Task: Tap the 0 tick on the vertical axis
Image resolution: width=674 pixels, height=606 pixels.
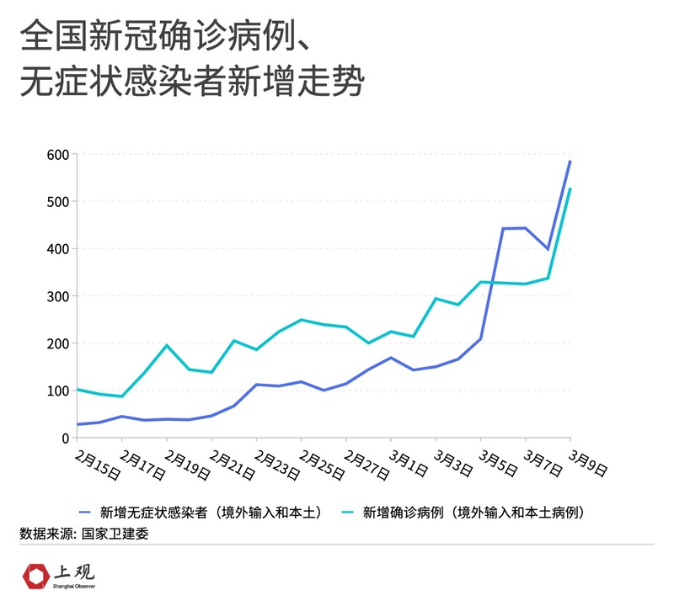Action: pos(62,438)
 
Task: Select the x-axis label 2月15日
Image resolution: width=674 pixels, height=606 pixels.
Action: pos(95,464)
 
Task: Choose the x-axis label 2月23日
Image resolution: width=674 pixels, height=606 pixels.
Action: pos(275,464)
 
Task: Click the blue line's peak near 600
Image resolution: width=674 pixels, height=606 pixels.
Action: pos(570,161)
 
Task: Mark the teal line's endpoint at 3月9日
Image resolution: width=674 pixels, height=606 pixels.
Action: pos(570,189)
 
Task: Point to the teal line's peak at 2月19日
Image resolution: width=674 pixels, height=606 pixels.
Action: pos(166,345)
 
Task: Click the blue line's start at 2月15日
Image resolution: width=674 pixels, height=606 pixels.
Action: pos(78,424)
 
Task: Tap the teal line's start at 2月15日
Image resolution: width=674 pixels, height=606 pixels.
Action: pos(78,389)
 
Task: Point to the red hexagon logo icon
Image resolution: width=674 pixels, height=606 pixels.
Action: pos(35,577)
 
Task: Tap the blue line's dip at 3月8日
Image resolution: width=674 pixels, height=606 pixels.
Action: pos(548,249)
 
